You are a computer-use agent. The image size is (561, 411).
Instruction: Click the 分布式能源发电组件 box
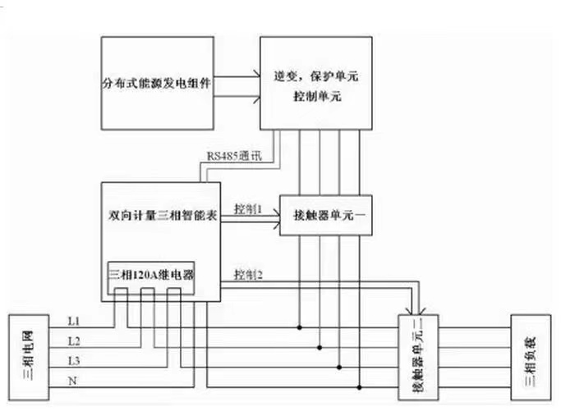click(158, 84)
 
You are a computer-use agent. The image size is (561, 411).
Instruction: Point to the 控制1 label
click(247, 208)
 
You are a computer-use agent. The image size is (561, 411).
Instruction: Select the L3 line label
click(74, 358)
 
